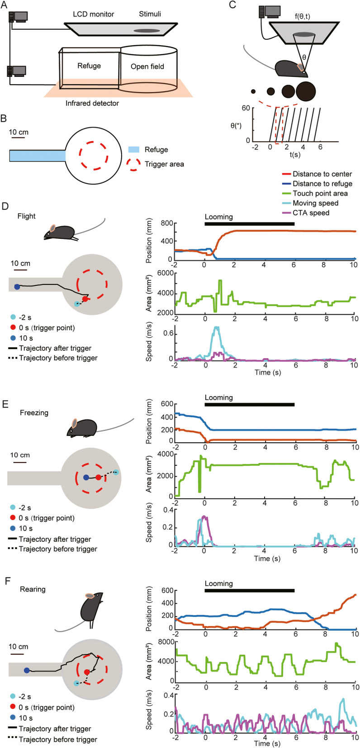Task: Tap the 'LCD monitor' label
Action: point(94,14)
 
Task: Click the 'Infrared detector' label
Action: point(92,103)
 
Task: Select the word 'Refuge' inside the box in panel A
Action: point(89,66)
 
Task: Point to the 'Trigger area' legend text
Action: point(164,164)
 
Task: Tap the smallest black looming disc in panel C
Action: point(254,91)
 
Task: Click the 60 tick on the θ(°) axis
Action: point(245,108)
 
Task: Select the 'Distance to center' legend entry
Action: point(322,174)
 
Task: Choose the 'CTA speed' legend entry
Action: point(311,213)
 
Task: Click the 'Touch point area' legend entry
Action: point(320,194)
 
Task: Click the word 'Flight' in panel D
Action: point(26,216)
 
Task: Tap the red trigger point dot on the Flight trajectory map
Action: point(85,299)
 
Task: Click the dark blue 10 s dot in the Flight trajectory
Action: point(17,287)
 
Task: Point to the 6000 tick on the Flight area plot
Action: point(163,273)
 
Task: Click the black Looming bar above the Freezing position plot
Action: point(249,405)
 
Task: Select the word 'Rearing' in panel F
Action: point(33,589)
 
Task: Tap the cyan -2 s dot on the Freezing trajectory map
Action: point(116,473)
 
